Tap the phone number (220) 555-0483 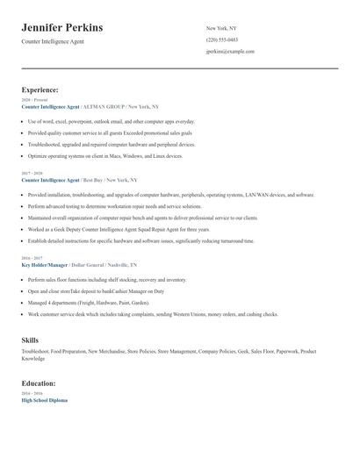pos(221,39)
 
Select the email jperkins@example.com pos(230,51)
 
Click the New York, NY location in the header pos(221,28)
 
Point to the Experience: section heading pos(40,89)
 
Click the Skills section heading pos(30,339)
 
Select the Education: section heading pos(39,383)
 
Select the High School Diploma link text pos(45,399)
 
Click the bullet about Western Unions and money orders pos(153,313)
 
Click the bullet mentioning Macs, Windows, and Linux pos(105,155)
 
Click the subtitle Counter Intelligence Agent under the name pos(53,41)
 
